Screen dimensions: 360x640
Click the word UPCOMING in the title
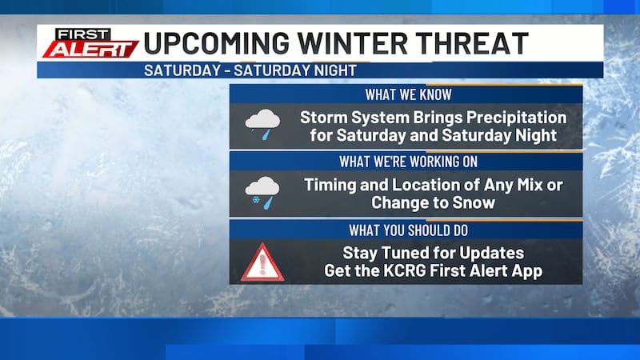pos(209,42)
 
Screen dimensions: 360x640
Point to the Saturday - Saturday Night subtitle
pos(250,70)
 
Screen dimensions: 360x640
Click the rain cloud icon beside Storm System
pos(262,125)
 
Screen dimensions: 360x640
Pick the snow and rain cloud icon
pos(262,193)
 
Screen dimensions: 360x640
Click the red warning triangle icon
pos(262,262)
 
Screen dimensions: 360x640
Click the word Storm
pos(323,118)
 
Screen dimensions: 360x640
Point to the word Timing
pos(330,185)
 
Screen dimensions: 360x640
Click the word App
pos(527,271)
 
